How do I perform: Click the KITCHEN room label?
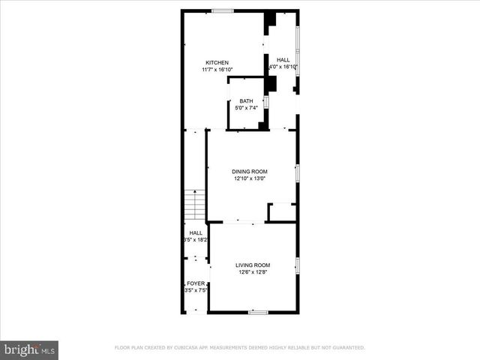[217, 62]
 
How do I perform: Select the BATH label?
[246, 101]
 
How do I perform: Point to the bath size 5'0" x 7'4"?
[246, 108]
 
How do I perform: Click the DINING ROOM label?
[249, 172]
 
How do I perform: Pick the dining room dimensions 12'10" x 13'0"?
[249, 179]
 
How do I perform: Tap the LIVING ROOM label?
[253, 265]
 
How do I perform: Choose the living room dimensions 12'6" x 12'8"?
[253, 272]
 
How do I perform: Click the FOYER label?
[196, 283]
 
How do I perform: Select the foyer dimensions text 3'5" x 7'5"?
[195, 289]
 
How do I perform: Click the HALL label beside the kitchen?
[283, 60]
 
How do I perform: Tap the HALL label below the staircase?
[195, 232]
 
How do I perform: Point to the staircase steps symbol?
[195, 202]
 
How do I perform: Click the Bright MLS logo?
[30, 349]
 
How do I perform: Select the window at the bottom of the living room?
[258, 312]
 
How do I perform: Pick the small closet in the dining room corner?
[282, 212]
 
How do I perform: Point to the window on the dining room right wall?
[297, 173]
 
